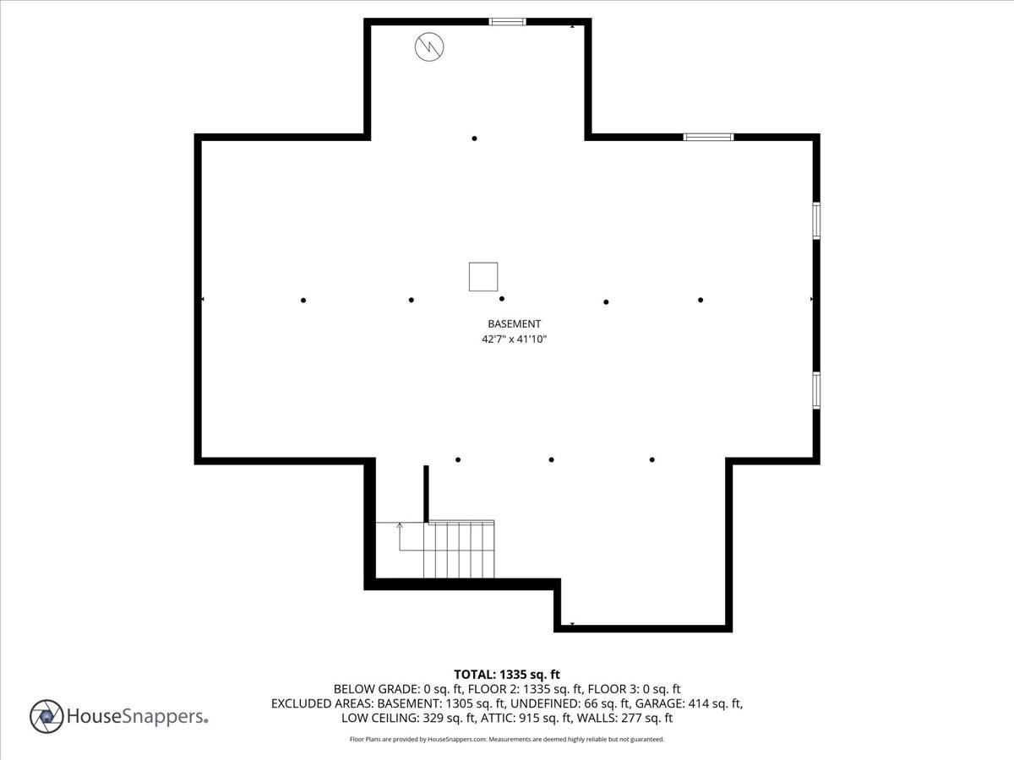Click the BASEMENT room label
tap(514, 323)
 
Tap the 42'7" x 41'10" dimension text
tap(514, 339)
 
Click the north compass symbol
tap(428, 46)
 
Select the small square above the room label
tap(483, 277)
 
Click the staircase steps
tap(461, 550)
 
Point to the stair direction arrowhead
tap(400, 525)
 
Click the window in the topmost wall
tap(507, 22)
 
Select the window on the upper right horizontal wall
tap(708, 137)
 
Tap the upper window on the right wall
tap(816, 220)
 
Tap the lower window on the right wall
tap(816, 390)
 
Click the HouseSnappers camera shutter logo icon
tap(46, 716)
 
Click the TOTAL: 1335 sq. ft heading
tap(507, 674)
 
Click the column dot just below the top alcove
tap(474, 138)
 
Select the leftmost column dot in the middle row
tap(303, 300)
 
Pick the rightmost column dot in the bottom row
tap(651, 459)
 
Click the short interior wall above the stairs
tap(426, 494)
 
